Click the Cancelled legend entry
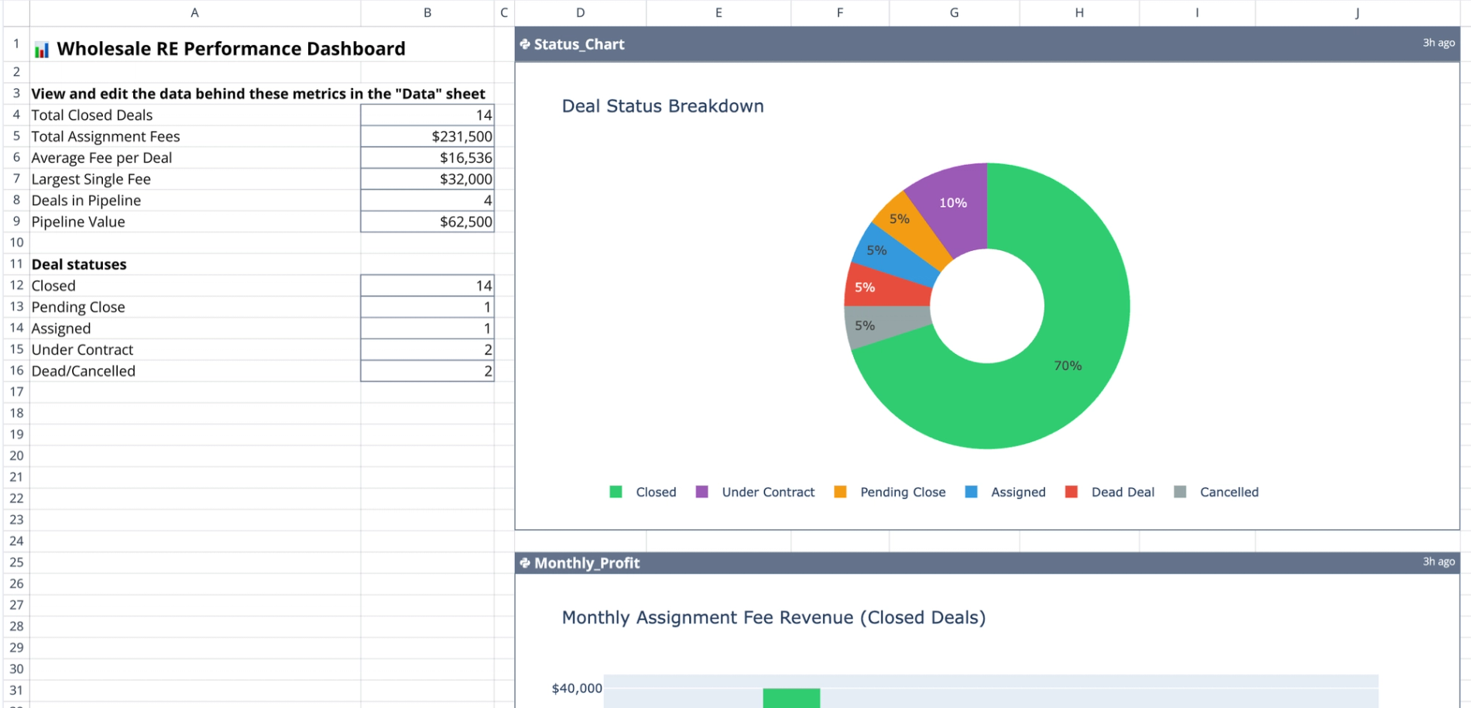pos(1228,492)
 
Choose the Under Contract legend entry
pos(767,492)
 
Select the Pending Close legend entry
pos(902,492)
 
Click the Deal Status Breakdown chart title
pos(663,106)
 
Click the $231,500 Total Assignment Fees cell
pos(427,136)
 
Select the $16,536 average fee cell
pos(427,158)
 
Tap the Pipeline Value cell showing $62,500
pos(427,222)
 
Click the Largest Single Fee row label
pos(91,179)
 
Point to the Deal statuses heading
pos(79,264)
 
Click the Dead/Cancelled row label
pos(84,371)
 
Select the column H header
pos(1078,12)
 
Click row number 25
pos(16,562)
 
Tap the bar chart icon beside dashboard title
pos(42,50)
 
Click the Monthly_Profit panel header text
pos(587,563)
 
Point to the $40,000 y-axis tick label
pos(576,689)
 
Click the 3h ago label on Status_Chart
pos(1438,43)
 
